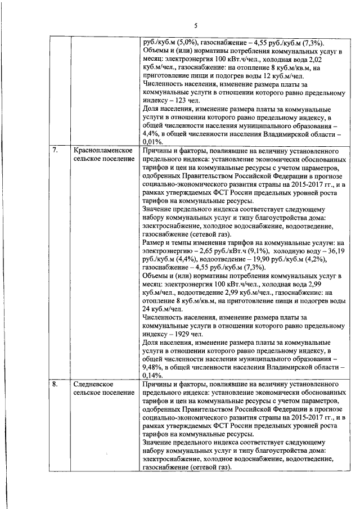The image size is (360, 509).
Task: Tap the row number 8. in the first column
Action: [56, 385]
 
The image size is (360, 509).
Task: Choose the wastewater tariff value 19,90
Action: [248, 259]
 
